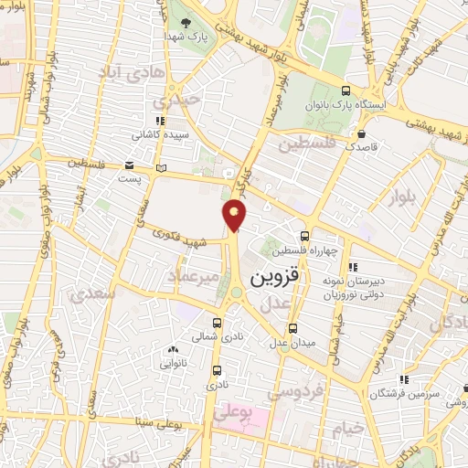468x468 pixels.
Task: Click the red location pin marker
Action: pyautogui.click(x=235, y=215)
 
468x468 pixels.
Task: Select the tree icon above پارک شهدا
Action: pyautogui.click(x=186, y=23)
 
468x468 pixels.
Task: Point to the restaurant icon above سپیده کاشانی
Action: pyautogui.click(x=161, y=120)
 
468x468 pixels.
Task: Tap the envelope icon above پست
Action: pyautogui.click(x=132, y=165)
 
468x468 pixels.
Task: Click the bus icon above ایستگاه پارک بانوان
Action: pyautogui.click(x=346, y=90)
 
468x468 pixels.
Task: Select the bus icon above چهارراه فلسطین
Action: pyautogui.click(x=306, y=235)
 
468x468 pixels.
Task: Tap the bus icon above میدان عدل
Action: pyautogui.click(x=292, y=328)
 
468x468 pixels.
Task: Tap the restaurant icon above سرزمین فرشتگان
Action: pyautogui.click(x=403, y=378)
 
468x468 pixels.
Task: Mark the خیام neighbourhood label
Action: pyautogui.click(x=347, y=428)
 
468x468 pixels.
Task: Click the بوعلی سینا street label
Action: pyautogui.click(x=146, y=423)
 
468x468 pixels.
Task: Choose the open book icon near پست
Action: pyautogui.click(x=162, y=168)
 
